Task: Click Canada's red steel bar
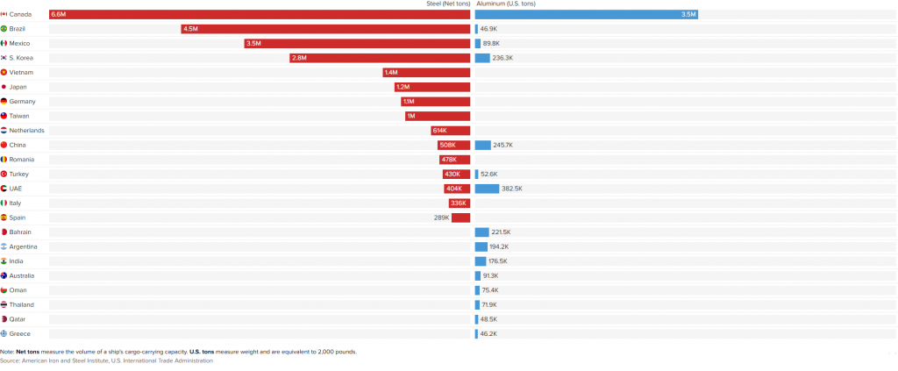[260, 14]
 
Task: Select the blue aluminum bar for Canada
[586, 14]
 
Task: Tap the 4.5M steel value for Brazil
[190, 29]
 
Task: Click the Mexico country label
[19, 43]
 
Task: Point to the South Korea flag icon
[4, 58]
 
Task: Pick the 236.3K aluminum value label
[502, 58]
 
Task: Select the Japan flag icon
[4, 87]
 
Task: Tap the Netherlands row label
[26, 131]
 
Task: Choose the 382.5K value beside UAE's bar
[512, 189]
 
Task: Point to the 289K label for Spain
[441, 218]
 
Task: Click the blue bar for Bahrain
[481, 232]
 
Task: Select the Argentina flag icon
[4, 246]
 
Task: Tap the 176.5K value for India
[498, 261]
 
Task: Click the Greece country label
[19, 333]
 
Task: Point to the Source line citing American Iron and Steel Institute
[106, 360]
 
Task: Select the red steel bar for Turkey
[456, 175]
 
